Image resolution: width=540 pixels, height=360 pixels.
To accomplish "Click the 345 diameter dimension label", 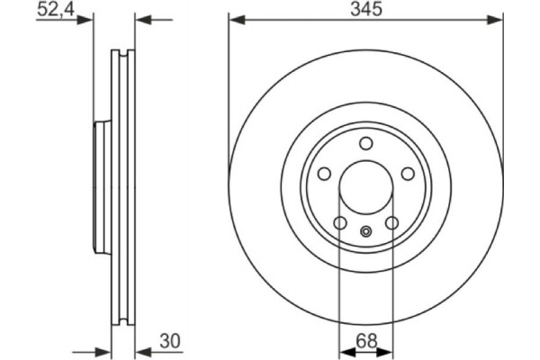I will coord(366,10).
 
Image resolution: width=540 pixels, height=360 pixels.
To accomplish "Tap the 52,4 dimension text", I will coord(56,10).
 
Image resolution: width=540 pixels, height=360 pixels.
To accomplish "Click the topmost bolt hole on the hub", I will coord(365,143).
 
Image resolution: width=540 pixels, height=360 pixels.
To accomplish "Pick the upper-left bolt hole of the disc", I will coord(324,174).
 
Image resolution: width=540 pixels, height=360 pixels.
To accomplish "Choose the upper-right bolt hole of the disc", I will coord(407,174).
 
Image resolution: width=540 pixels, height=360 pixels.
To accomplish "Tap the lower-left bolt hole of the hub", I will coord(339,222).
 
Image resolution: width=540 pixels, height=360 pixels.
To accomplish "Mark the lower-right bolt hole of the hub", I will coord(391,222).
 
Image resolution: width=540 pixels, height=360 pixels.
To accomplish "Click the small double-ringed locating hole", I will coord(365,232).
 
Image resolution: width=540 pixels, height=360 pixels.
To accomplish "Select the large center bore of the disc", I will coord(365,188).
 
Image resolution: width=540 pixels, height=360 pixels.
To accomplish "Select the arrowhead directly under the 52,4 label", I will coord(87,20).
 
